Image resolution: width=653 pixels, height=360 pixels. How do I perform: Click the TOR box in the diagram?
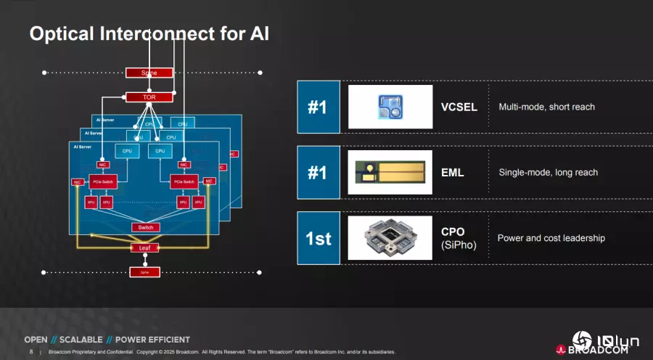149,97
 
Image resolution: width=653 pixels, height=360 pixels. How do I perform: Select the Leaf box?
144,247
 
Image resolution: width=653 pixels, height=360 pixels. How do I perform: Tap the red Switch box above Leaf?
144,227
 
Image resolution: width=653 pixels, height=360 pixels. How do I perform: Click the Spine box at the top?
149,73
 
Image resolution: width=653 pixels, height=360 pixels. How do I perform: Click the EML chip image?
390,173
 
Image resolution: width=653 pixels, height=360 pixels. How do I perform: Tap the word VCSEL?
459,107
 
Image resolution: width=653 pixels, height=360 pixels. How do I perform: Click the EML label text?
453,173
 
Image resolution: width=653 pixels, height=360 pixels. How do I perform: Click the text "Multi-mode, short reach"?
546,107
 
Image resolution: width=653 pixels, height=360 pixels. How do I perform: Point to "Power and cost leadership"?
551,238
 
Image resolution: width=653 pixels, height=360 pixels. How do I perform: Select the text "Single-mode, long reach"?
548,173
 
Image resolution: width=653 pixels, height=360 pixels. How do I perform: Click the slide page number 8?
30,351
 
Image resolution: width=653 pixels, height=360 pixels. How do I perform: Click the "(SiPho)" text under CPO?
459,245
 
